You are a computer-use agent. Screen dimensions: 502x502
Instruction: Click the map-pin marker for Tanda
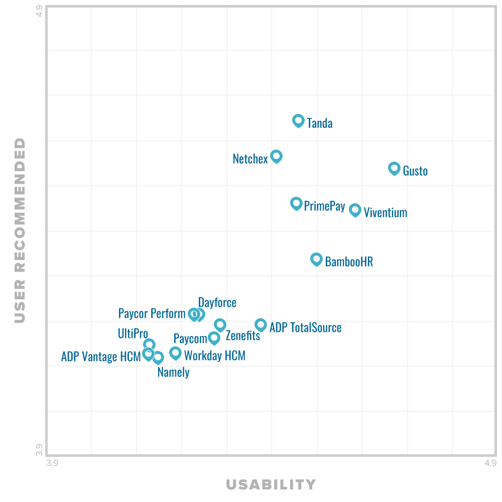[x=298, y=120]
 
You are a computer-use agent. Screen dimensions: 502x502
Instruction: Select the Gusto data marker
[x=394, y=168]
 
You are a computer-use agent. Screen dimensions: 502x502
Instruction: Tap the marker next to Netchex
[x=276, y=156]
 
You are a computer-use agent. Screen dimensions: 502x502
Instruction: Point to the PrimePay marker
[x=296, y=203]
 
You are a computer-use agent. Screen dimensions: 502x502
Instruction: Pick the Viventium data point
[x=355, y=210]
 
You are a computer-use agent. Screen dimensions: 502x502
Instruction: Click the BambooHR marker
[x=316, y=259]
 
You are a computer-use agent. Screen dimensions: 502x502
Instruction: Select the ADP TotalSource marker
[x=260, y=325]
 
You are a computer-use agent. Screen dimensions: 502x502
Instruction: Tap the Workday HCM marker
[x=175, y=353]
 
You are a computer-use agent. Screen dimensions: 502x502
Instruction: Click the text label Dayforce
[x=217, y=303]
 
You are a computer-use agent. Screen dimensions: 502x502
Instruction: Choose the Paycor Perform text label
[x=152, y=314]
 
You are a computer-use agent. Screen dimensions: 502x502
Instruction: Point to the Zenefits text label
[x=243, y=336]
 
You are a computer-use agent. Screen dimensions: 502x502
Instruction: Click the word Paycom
[x=190, y=338]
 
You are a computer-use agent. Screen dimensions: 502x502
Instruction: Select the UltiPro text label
[x=133, y=333]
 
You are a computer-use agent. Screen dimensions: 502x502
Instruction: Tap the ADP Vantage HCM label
[x=101, y=356]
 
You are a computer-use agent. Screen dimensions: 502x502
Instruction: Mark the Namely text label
[x=173, y=372]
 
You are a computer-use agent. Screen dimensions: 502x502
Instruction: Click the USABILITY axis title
[x=271, y=484]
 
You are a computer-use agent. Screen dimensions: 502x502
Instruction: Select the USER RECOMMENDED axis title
[x=20, y=230]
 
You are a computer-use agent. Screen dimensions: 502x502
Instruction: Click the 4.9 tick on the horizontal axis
[x=490, y=463]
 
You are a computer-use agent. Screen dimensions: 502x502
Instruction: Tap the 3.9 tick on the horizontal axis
[x=52, y=463]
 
